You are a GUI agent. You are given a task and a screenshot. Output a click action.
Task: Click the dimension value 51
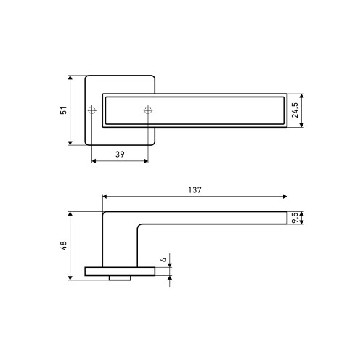coord(63,110)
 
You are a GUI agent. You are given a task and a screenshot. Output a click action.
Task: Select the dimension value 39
coord(120,154)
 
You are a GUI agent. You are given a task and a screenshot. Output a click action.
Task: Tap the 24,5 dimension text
coord(295,110)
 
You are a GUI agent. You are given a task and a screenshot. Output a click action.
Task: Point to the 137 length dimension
coord(195,190)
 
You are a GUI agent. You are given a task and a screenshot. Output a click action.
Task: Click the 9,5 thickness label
coord(295,218)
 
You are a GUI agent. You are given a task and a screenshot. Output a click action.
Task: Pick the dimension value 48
coord(63,245)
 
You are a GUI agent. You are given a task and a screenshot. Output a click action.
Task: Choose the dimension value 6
coord(164,259)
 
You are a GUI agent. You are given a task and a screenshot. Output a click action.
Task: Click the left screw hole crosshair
coord(92,110)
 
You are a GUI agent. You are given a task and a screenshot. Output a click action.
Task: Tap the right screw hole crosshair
coord(148,110)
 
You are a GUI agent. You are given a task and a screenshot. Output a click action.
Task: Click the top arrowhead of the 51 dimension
coord(70,78)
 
